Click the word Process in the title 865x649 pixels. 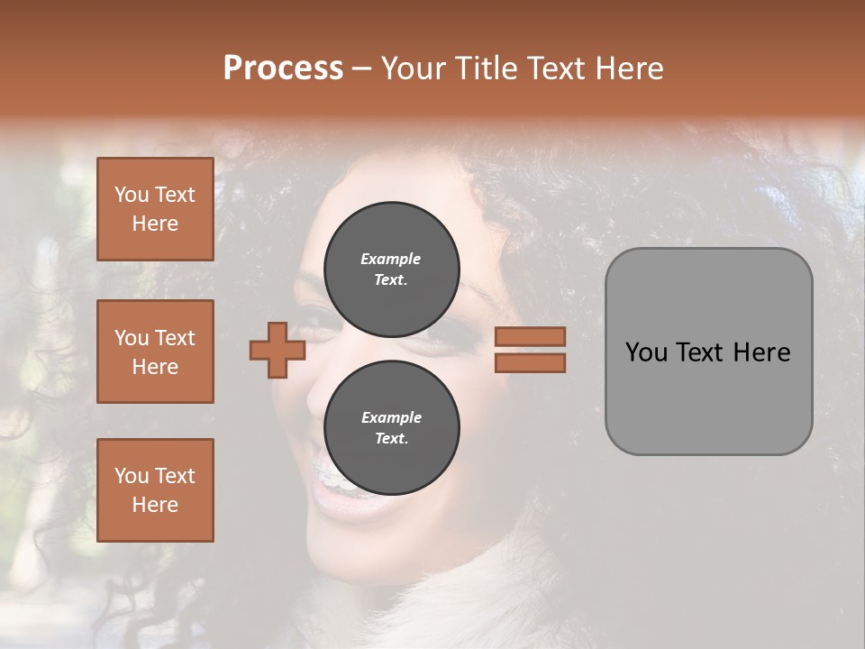283,69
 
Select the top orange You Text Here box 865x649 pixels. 155,209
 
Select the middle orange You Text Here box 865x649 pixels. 155,352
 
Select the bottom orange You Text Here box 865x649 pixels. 155,490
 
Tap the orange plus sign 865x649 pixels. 278,350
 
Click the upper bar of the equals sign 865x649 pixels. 530,336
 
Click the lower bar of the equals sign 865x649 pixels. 530,362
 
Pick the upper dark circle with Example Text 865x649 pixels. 391,269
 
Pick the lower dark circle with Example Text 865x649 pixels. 391,427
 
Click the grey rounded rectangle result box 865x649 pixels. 708,397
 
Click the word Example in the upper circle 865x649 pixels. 390,259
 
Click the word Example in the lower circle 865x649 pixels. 391,417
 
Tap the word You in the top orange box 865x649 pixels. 132,195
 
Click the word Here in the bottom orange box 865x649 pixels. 155,505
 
